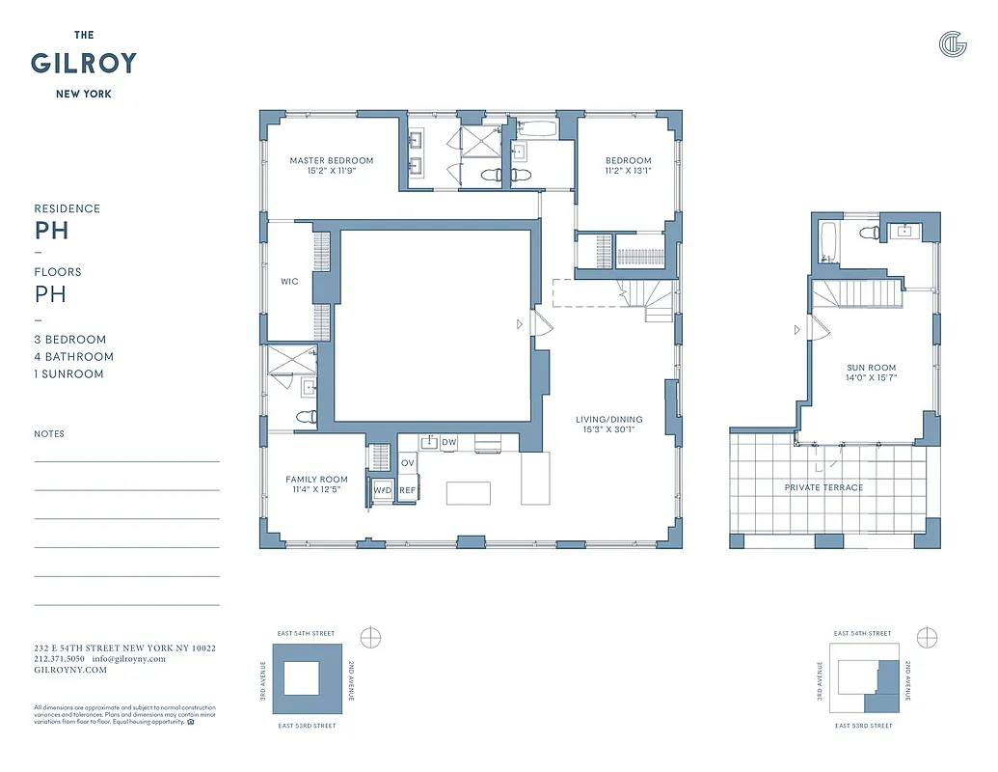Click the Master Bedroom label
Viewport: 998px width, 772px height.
tap(331, 160)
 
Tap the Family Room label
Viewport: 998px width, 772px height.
tap(316, 480)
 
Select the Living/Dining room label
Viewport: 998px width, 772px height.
tap(608, 420)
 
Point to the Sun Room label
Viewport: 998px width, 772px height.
tap(871, 368)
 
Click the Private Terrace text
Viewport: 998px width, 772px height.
tap(823, 487)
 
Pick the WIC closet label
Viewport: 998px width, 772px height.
tap(289, 282)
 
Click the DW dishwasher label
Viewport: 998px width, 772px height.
tap(449, 443)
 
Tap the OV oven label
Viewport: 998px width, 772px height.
tap(408, 463)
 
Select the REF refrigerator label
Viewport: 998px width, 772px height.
tap(408, 490)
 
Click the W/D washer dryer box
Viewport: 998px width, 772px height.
tap(383, 490)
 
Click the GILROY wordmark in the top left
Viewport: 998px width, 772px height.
tap(84, 64)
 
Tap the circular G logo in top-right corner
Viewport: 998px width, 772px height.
tap(952, 44)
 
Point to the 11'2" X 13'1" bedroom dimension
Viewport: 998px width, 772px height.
tap(628, 171)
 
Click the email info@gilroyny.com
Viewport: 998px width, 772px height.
tap(128, 659)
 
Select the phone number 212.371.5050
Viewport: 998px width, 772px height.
tap(60, 659)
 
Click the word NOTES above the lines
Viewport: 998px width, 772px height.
tap(49, 434)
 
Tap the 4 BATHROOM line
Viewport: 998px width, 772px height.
tap(73, 357)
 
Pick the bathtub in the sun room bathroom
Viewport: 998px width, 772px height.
tap(829, 242)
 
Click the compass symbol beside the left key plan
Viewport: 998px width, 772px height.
tap(370, 638)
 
